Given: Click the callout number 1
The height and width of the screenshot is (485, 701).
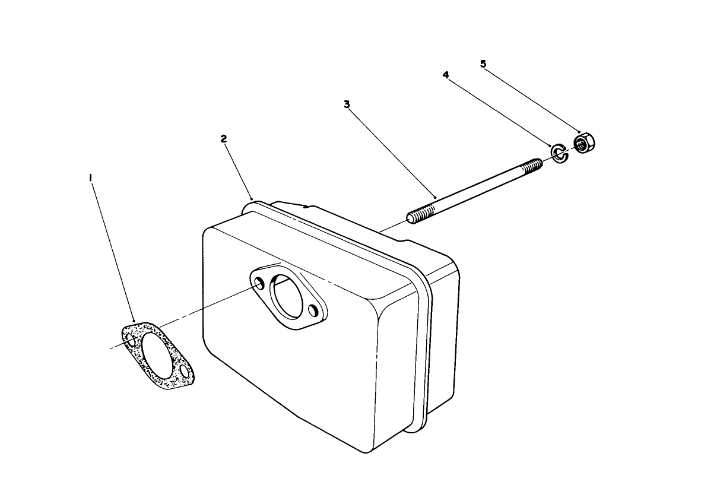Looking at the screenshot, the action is click(x=90, y=177).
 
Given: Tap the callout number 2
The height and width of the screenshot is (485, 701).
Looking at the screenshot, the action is click(x=223, y=139).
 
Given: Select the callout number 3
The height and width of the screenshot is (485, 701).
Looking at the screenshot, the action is click(x=347, y=104).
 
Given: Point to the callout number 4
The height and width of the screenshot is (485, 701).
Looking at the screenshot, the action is click(x=445, y=75).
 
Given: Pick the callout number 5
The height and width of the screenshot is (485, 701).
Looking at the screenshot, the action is click(x=483, y=63).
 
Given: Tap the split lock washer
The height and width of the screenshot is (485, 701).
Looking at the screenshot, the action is click(x=559, y=152).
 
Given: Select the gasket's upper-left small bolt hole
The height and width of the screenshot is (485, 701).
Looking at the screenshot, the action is click(x=131, y=337).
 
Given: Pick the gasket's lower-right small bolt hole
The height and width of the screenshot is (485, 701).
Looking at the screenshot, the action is click(x=186, y=372).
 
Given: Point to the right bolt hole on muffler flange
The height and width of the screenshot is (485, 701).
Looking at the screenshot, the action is click(x=313, y=310).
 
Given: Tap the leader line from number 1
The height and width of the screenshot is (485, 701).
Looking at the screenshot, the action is click(x=113, y=249).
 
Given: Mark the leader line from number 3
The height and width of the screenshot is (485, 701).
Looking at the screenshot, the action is click(x=392, y=151).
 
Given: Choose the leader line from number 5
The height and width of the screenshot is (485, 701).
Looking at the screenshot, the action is click(x=531, y=97).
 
